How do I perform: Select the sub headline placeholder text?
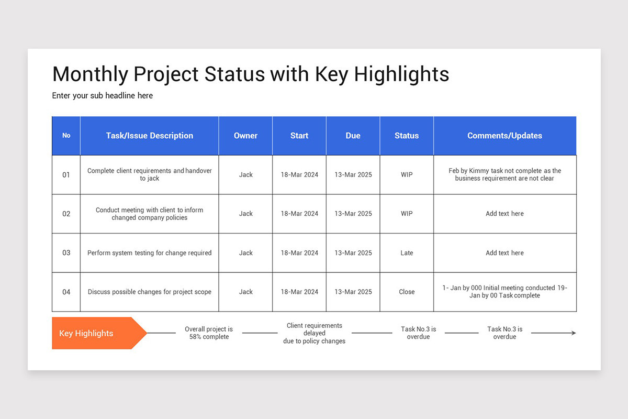pos(103,96)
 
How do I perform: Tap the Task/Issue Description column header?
pos(150,136)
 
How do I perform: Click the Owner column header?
pos(245,136)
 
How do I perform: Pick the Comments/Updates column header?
pos(504,136)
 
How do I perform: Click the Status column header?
pos(407,136)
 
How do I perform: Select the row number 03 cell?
pos(66,253)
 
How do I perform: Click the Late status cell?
pos(407,253)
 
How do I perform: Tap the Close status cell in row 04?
pos(407,292)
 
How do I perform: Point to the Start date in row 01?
pos(299,175)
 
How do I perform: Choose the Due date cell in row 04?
pos(353,292)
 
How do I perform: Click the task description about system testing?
pos(150,253)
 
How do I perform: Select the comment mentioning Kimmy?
pos(504,174)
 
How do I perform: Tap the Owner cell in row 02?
pos(245,214)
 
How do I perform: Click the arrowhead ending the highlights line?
pos(574,333)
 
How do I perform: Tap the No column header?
pos(66,136)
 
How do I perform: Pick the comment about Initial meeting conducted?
pos(504,292)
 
